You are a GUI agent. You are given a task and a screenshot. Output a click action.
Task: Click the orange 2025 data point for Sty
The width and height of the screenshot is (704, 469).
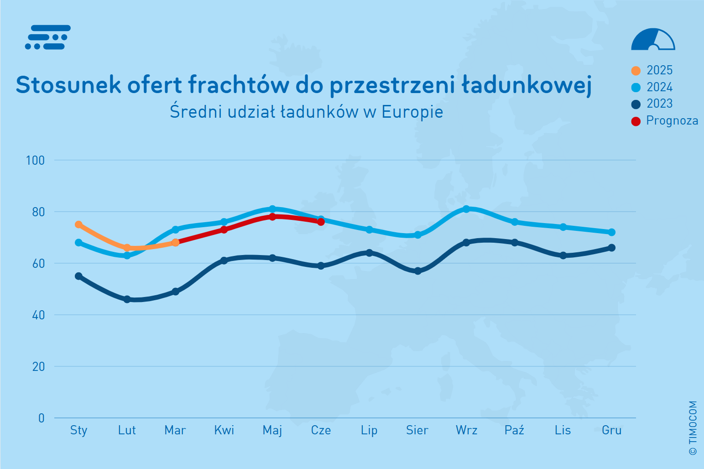tap(78, 224)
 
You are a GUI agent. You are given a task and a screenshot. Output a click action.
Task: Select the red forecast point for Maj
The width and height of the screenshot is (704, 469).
tap(272, 217)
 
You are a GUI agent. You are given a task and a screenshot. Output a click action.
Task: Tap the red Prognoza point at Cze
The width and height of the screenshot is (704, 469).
tap(321, 222)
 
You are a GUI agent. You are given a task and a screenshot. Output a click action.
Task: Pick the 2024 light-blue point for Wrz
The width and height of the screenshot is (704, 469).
tap(466, 209)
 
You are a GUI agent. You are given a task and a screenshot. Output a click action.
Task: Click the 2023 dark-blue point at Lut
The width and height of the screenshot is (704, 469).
tap(127, 299)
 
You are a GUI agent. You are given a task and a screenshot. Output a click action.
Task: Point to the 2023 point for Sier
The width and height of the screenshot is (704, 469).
tap(417, 271)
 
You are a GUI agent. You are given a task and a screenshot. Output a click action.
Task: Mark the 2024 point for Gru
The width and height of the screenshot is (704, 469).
tap(611, 232)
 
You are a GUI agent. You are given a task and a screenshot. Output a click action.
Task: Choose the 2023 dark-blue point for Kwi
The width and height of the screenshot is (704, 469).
tap(224, 261)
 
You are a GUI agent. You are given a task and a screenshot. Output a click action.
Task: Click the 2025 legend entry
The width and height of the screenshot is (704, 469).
tap(652, 70)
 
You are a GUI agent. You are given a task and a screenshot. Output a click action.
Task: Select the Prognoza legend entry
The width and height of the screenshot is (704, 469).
tap(664, 121)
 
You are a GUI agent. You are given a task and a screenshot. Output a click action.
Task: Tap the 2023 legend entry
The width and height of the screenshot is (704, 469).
tap(652, 104)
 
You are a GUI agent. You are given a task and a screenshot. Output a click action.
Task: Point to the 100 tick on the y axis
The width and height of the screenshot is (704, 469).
tap(35, 161)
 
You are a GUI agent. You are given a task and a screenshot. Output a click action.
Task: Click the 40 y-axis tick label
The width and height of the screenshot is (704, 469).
tap(38, 315)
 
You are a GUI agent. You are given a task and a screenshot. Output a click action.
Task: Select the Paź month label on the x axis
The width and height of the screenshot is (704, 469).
tap(515, 430)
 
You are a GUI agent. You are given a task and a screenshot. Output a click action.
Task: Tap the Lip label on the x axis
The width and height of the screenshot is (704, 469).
tap(369, 430)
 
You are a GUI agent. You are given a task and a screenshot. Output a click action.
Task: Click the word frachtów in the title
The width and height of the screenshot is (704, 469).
tap(239, 84)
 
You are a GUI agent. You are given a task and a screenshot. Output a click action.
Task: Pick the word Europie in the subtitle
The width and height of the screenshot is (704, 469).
tap(412, 112)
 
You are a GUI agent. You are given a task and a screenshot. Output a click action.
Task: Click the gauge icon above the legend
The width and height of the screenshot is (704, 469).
tap(653, 39)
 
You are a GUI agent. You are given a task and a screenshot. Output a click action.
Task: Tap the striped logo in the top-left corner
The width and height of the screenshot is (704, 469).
tap(48, 37)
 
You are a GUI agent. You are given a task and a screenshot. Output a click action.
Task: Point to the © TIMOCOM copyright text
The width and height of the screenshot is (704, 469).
tap(693, 428)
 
